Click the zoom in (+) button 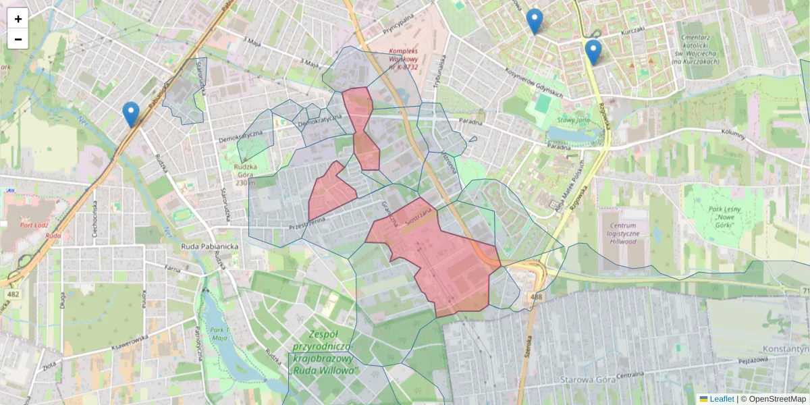[18, 19]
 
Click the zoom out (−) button [18, 39]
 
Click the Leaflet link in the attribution [722, 399]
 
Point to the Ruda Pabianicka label [210, 247]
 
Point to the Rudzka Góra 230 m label [246, 174]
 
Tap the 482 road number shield [13, 294]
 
